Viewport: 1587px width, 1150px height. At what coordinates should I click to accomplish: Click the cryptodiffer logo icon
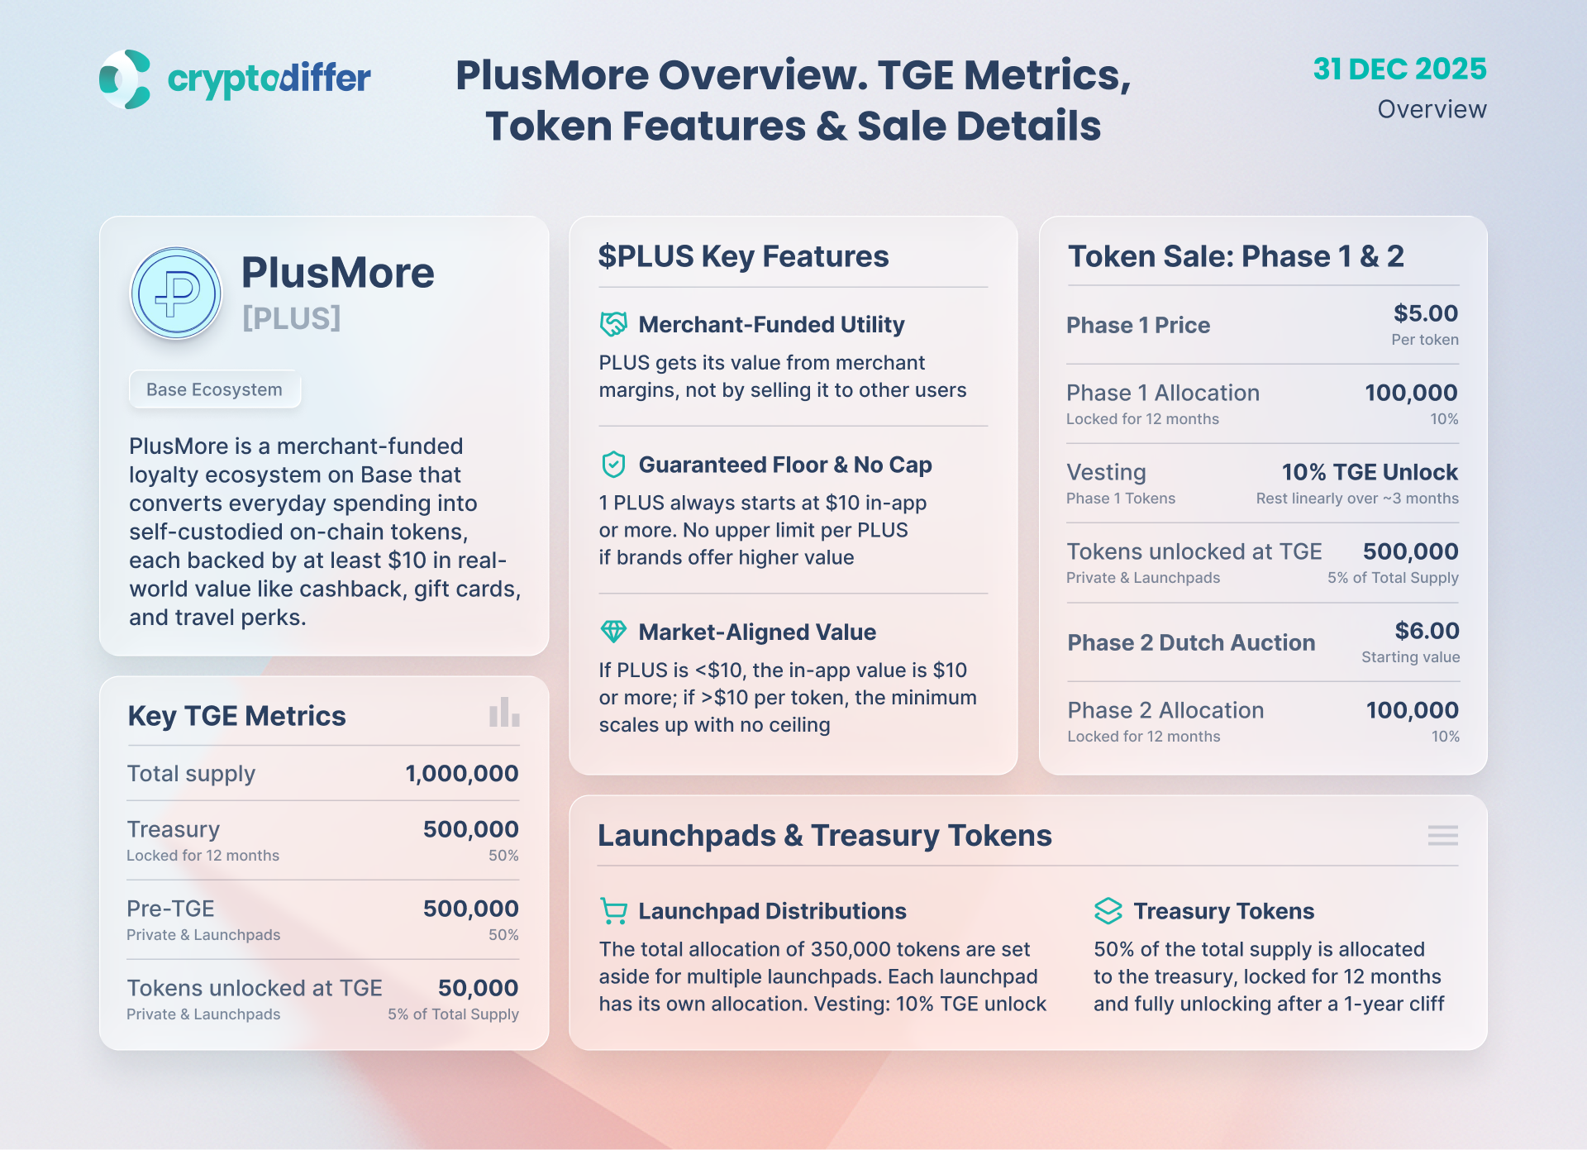pos(125,79)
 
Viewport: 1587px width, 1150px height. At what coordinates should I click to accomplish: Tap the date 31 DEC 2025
pos(1399,69)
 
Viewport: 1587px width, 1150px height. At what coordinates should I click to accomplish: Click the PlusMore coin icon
pos(176,293)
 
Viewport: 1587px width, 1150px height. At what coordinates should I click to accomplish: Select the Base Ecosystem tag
pos(214,389)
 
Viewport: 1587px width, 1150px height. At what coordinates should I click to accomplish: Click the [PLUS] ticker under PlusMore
pos(291,318)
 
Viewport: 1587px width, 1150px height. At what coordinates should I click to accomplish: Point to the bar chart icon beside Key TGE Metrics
pos(504,712)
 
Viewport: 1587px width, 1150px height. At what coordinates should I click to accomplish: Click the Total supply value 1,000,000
pos(461,774)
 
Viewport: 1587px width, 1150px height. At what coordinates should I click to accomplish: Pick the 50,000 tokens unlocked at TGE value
pos(478,988)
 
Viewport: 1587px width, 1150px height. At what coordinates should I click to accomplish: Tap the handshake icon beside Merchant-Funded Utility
pos(613,324)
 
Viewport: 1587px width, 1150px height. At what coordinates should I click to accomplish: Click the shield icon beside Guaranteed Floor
pos(613,465)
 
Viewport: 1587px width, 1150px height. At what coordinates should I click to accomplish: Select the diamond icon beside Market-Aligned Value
pos(613,632)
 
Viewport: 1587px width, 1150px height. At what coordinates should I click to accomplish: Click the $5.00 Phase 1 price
pos(1426,313)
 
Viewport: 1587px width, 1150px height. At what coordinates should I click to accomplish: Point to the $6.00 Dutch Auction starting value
pos(1427,631)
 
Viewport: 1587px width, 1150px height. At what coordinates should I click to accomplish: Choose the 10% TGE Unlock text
pos(1370,472)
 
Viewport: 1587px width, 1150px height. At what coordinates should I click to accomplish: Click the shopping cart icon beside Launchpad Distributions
pos(613,911)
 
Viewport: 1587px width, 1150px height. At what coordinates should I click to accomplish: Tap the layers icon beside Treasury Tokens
pos(1108,911)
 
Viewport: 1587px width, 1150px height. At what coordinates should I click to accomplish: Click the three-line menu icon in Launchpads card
pos(1442,835)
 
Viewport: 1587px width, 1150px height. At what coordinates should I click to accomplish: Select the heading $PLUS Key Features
pos(743,256)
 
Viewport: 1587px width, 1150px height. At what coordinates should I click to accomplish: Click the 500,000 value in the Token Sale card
pos(1410,551)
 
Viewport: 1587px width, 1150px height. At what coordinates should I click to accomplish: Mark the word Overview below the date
pos(1432,109)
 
